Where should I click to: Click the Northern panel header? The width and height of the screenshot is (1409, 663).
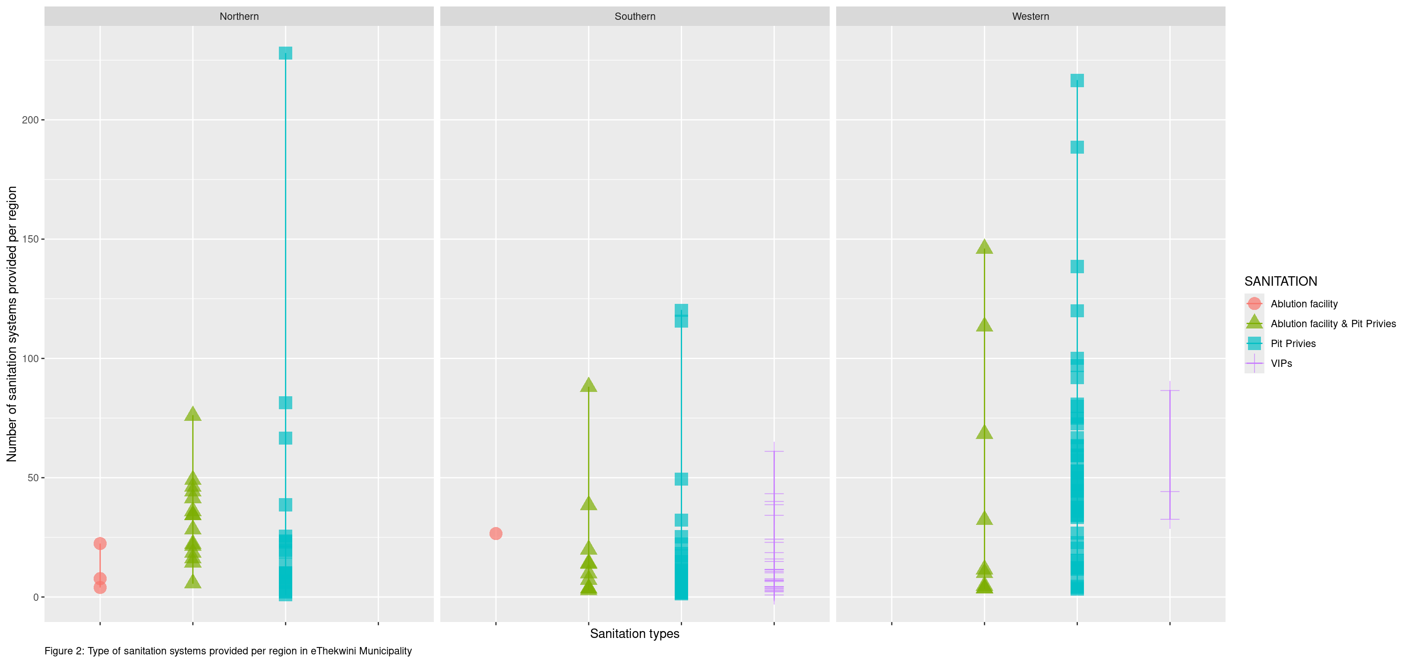coord(239,16)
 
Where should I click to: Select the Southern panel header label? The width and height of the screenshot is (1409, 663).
coord(635,16)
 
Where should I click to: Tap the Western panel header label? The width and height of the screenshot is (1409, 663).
coord(1030,16)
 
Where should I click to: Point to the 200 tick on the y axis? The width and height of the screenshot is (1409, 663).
coord(30,120)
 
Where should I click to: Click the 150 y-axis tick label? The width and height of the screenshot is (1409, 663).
coord(30,239)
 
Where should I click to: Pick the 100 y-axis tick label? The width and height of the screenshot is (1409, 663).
coord(30,358)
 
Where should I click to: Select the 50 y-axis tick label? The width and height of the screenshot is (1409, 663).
coord(33,477)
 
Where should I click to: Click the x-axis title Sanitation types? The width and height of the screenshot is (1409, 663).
coord(635,634)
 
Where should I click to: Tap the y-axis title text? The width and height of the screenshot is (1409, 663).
coord(12,324)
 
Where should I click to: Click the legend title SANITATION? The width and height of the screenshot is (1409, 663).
coord(1280,281)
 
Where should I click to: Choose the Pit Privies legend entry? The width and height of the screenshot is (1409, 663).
coord(1292,344)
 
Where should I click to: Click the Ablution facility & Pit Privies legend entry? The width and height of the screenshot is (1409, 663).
coord(1333,324)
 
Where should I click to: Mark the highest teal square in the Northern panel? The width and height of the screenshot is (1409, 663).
coord(285,53)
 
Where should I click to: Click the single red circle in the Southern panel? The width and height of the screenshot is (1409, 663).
coord(496,534)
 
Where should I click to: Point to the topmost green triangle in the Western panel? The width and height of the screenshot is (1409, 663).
coord(984,247)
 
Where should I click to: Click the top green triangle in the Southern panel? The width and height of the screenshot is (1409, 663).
coord(588,385)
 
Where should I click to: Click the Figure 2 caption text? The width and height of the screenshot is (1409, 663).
coord(228,651)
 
